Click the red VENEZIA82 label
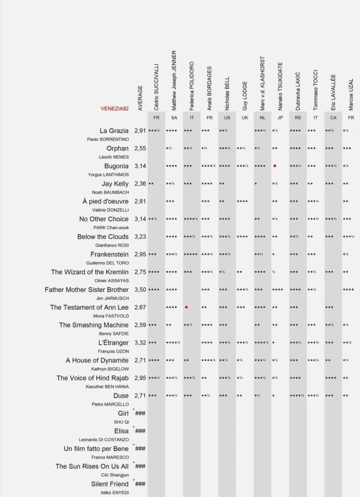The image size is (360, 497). (115, 108)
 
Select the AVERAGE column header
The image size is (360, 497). (140, 98)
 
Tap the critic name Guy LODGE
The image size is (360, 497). (245, 95)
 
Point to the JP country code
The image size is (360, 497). (280, 118)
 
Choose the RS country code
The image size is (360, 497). (297, 118)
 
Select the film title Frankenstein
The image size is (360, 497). (109, 254)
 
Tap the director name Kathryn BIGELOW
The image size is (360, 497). (110, 369)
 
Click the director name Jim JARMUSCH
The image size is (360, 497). (112, 298)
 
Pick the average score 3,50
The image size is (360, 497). (140, 290)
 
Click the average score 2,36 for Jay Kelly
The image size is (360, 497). (140, 184)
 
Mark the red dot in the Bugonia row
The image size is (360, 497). (274, 166)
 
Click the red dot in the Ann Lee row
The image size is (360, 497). (186, 307)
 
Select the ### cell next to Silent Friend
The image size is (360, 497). (140, 484)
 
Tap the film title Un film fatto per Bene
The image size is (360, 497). (96, 448)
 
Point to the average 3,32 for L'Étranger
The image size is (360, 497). (140, 343)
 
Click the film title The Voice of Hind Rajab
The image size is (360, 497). (92, 378)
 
